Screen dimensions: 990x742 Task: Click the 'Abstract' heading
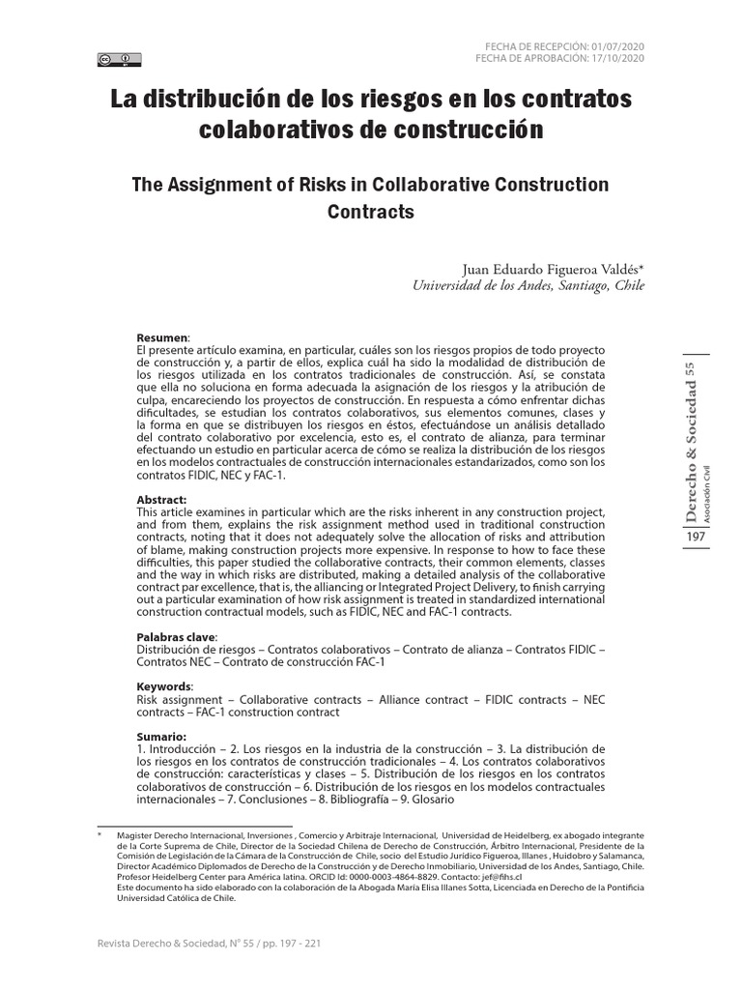(161, 500)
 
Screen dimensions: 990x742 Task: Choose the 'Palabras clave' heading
(177, 637)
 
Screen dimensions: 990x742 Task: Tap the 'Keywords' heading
(165, 685)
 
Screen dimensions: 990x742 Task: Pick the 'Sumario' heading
(161, 737)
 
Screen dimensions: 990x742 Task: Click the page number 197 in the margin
(695, 537)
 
